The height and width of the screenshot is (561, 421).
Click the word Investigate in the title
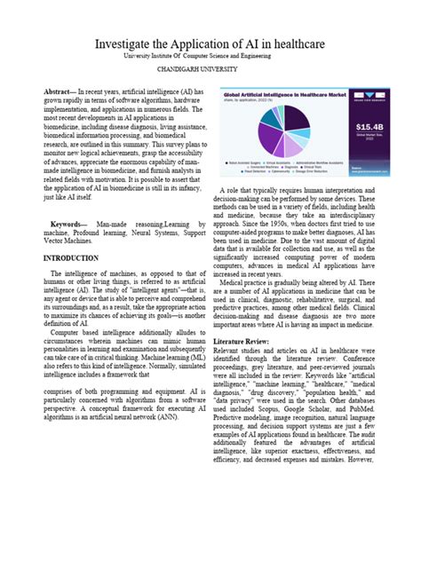pos(131,43)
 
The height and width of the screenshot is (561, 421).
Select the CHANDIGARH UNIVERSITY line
pos(210,68)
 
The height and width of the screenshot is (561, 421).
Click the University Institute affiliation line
pos(210,55)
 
